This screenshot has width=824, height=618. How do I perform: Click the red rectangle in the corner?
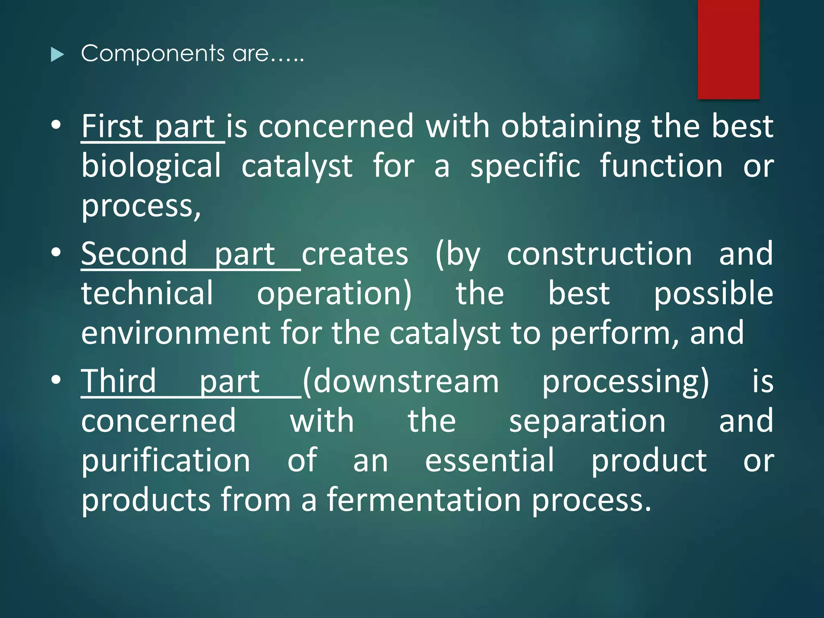(728, 49)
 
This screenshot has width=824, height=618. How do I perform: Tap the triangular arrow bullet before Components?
(58, 54)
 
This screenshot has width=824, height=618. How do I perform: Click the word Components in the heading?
(152, 54)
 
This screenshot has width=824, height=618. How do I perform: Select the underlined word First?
(112, 126)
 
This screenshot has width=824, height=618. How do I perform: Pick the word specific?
(525, 166)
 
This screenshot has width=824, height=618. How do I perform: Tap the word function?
(661, 166)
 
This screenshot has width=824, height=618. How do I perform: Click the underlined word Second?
(134, 254)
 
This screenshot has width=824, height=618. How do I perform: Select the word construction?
(599, 254)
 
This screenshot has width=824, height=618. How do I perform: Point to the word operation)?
(334, 294)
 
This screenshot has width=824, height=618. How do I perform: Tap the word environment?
(176, 333)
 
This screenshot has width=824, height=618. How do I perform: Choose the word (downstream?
(401, 381)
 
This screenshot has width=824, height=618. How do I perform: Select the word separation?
(587, 421)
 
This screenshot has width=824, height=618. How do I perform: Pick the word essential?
(490, 460)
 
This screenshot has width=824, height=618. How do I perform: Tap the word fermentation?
(424, 500)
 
